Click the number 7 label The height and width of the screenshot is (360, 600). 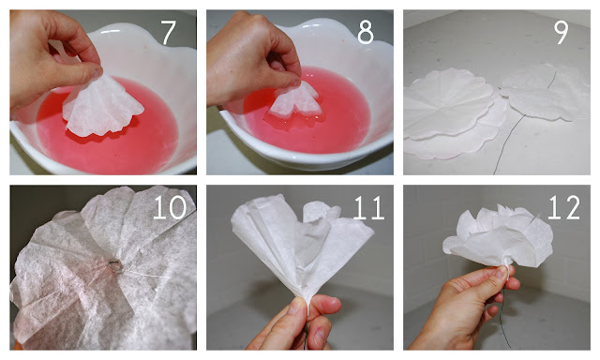(x=168, y=32)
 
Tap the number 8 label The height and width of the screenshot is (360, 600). (x=366, y=32)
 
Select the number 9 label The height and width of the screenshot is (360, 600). (x=561, y=32)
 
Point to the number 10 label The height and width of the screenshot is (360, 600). (x=170, y=207)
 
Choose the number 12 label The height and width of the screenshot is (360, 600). (x=564, y=207)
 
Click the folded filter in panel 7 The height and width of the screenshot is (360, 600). (x=102, y=107)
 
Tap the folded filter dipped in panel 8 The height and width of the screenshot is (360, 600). (x=294, y=101)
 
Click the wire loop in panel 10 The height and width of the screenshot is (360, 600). (x=114, y=264)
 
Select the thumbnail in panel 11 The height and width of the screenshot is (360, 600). (x=296, y=306)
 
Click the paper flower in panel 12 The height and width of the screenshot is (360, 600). (x=498, y=236)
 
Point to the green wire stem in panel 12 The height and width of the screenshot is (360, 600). (x=506, y=318)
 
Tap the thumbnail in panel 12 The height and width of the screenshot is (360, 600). (x=502, y=272)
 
